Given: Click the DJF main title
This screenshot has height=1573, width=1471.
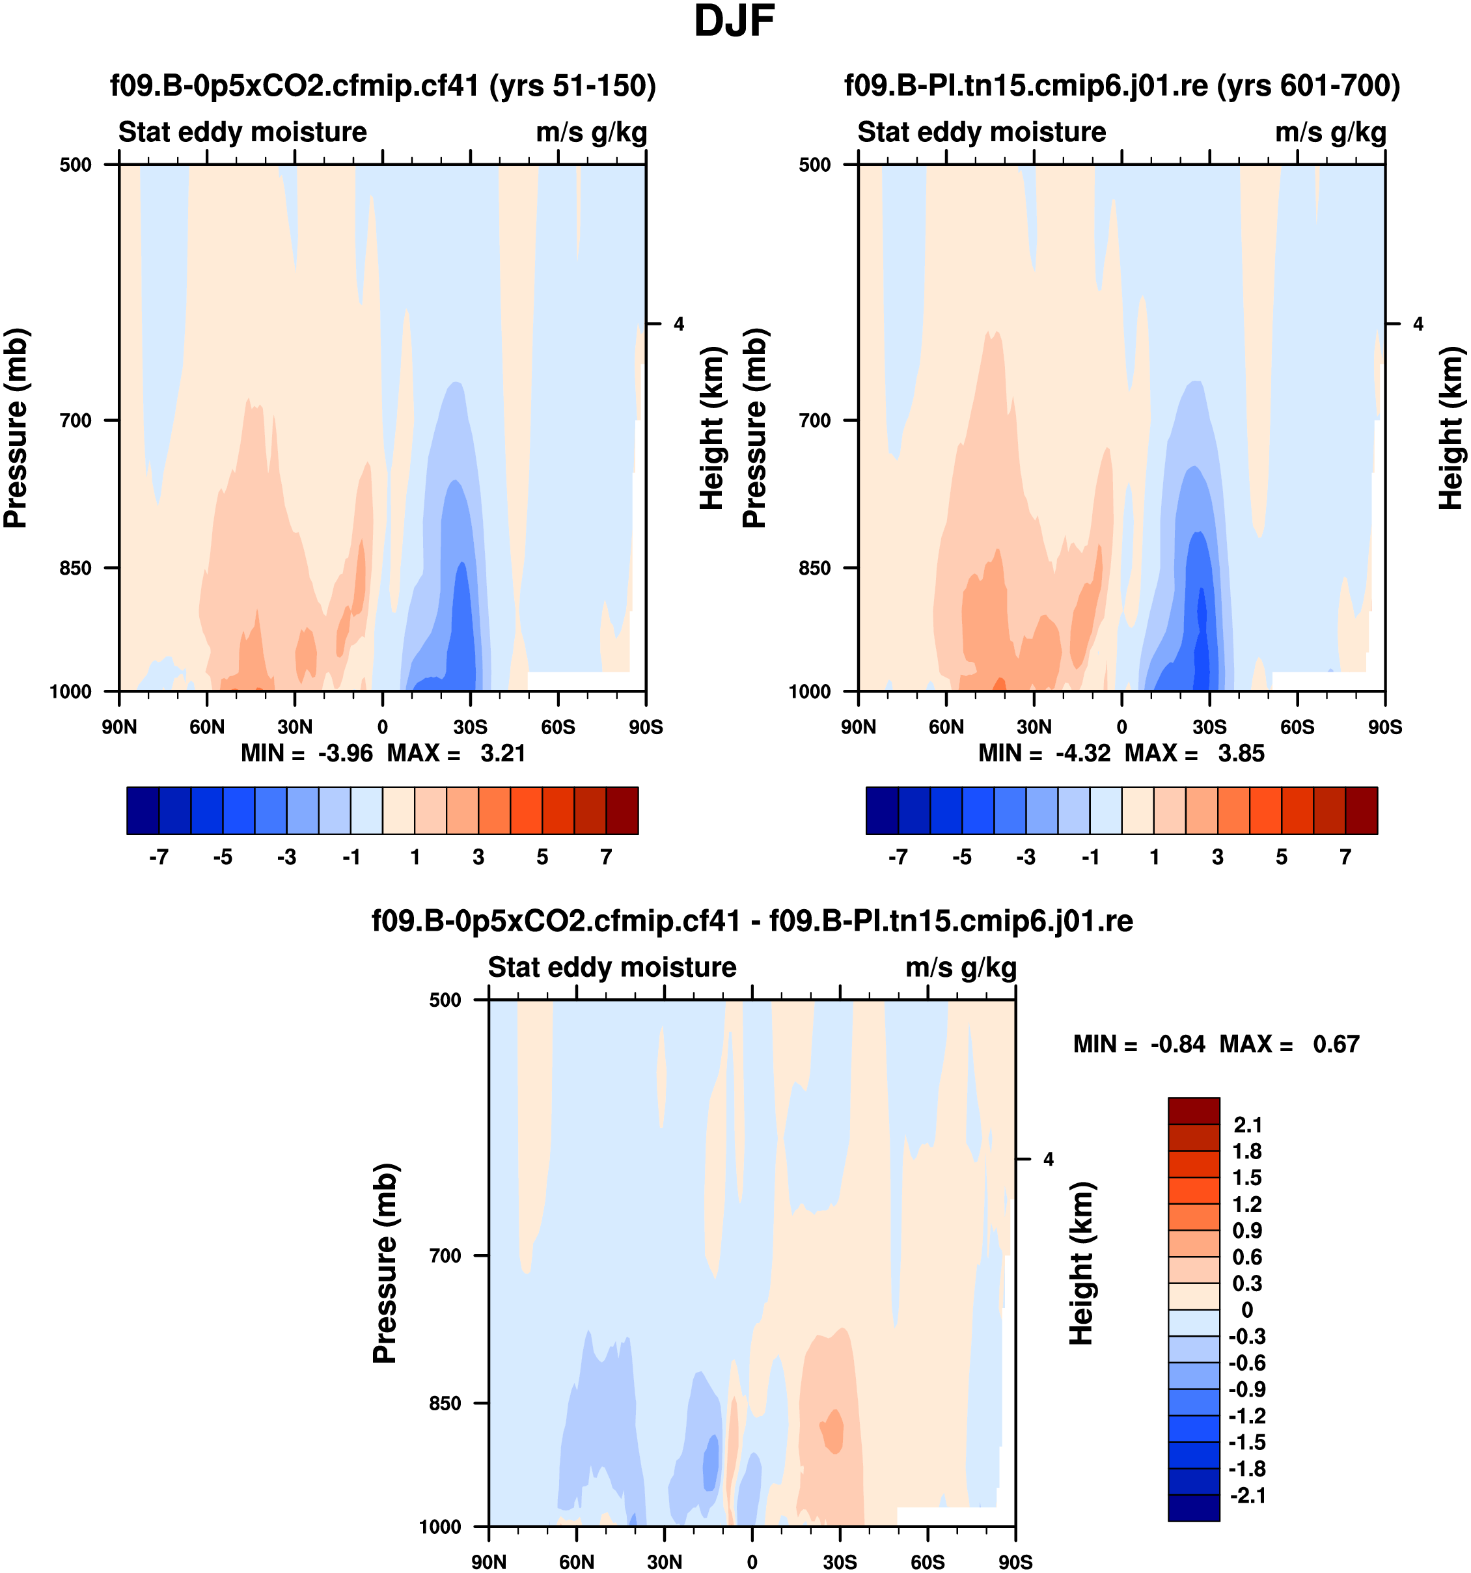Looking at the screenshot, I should (734, 22).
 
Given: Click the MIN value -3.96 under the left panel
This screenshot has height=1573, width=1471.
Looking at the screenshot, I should (345, 753).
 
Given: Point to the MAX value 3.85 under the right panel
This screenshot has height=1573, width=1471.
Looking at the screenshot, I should (1241, 753).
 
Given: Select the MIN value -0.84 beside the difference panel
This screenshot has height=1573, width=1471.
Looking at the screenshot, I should (1177, 1045).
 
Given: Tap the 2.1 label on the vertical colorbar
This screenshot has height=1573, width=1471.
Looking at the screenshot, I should (1247, 1125).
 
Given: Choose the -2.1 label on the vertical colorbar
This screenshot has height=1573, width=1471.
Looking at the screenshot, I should (1247, 1496).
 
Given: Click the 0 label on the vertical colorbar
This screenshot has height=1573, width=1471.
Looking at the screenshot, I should (1247, 1310).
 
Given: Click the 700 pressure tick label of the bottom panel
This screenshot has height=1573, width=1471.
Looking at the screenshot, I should (445, 1255).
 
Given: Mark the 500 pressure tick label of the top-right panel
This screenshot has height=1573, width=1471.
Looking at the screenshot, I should (814, 165).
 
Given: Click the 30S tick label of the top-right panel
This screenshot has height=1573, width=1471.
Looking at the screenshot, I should (1209, 727).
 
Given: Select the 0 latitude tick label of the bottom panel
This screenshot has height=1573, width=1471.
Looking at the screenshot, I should (752, 1562).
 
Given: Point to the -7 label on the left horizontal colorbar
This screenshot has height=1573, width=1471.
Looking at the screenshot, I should (158, 857).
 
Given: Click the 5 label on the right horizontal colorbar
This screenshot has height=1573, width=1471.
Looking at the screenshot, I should (1281, 857).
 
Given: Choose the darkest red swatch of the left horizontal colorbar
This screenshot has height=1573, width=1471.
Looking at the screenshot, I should (622, 810).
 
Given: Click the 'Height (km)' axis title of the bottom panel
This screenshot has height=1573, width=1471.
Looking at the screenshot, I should (1081, 1264).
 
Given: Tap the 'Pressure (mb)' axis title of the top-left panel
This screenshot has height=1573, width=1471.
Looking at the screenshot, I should (16, 428).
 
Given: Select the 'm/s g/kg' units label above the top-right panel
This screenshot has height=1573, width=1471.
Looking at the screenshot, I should (1330, 132).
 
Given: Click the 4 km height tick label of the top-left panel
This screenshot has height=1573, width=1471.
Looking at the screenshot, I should (678, 323).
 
